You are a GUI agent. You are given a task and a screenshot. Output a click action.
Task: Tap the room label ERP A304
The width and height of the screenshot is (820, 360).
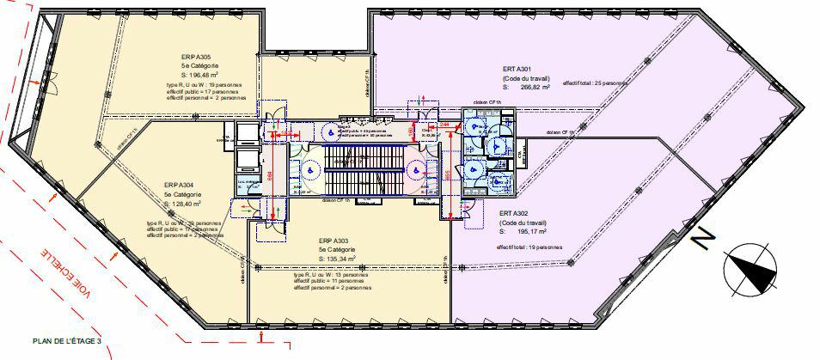181,185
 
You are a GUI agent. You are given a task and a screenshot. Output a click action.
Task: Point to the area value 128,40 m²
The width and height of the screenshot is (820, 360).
183,204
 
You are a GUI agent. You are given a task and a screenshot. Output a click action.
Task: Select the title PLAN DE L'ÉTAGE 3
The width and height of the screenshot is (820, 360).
67,342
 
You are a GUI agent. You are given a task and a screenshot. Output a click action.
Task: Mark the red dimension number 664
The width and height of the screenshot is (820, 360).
269,177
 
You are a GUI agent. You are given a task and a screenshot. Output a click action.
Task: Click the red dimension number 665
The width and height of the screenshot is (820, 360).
445,175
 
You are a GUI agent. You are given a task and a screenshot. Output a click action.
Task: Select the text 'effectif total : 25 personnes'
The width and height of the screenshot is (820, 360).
595,82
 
